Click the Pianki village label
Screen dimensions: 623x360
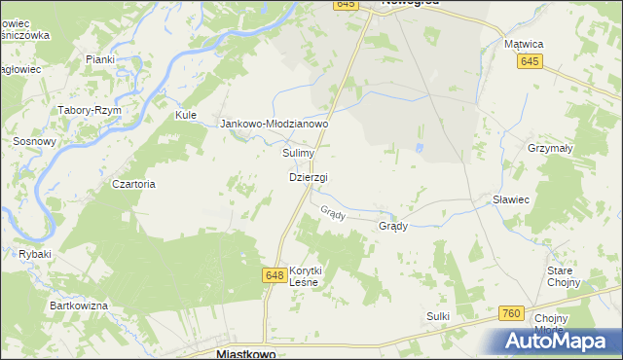tap(100, 59)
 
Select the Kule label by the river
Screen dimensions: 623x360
tap(186, 115)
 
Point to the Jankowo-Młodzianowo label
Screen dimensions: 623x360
tap(275, 125)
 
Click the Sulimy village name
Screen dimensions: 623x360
tap(298, 154)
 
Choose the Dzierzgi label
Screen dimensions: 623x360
tap(309, 177)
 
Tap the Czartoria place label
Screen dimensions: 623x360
tap(133, 184)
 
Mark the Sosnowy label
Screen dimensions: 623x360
tap(34, 141)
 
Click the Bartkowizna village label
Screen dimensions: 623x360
tap(79, 306)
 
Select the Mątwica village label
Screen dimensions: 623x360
tap(530, 44)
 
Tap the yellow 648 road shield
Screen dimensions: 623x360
tap(274, 277)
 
